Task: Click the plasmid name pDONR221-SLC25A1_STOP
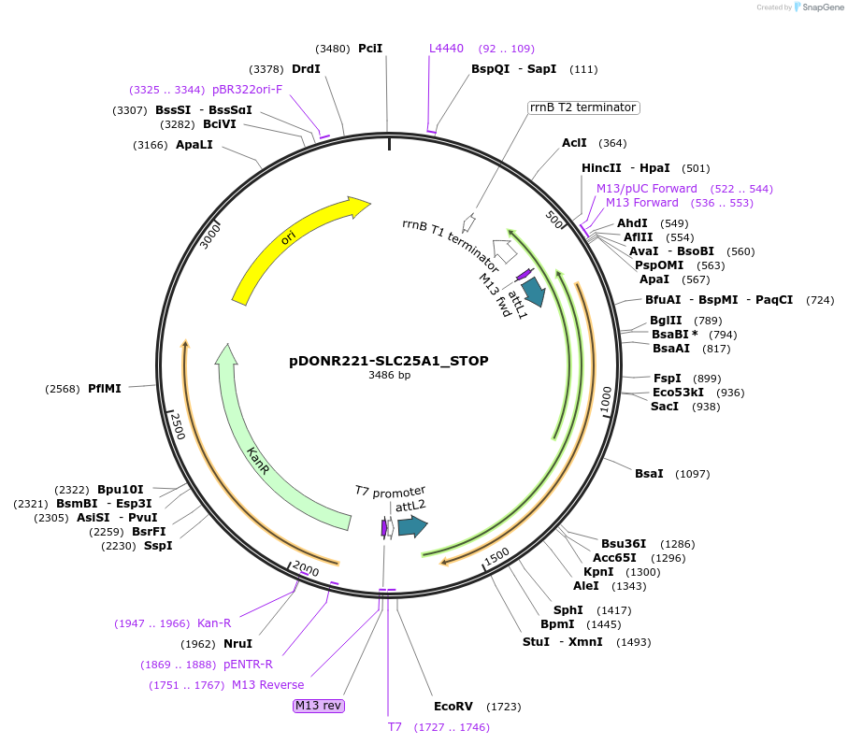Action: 389,360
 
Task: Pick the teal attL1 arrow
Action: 533,291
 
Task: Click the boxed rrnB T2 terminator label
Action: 582,107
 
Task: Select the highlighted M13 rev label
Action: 319,706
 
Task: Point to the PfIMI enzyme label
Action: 105,388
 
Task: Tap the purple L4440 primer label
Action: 446,49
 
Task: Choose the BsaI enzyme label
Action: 649,474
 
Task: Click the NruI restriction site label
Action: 237,643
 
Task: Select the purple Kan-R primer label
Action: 214,622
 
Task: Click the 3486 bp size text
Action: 389,376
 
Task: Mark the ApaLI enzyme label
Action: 194,145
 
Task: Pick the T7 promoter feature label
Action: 390,491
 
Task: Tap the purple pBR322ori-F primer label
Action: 247,90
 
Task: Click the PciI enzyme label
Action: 370,49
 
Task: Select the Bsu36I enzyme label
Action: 627,543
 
